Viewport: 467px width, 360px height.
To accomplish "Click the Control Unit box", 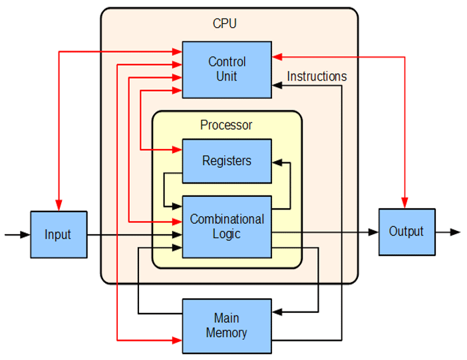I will tap(227, 69).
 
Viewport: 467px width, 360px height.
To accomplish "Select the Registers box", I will tap(227, 161).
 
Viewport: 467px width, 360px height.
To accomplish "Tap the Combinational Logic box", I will tap(227, 226).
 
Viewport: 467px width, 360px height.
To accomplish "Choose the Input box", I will tap(59, 234).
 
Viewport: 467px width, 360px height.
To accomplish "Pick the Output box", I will tap(406, 232).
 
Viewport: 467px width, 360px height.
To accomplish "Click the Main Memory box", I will tap(227, 325).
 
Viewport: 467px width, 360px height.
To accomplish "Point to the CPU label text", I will tap(225, 24).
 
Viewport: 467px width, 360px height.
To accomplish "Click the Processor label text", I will tap(226, 124).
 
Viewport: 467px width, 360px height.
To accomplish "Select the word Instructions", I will tap(317, 77).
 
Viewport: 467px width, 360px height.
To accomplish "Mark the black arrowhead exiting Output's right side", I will tap(456, 232).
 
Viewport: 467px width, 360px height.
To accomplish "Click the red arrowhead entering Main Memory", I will tap(178, 341).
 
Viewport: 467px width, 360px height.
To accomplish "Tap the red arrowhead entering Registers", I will tap(178, 150).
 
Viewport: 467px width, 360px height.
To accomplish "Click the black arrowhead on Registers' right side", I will tap(277, 161).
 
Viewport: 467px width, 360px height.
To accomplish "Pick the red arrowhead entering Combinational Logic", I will tap(178, 221).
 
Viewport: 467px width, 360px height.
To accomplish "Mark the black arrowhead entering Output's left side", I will tap(374, 232).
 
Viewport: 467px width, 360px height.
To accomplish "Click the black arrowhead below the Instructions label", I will tap(277, 87).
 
